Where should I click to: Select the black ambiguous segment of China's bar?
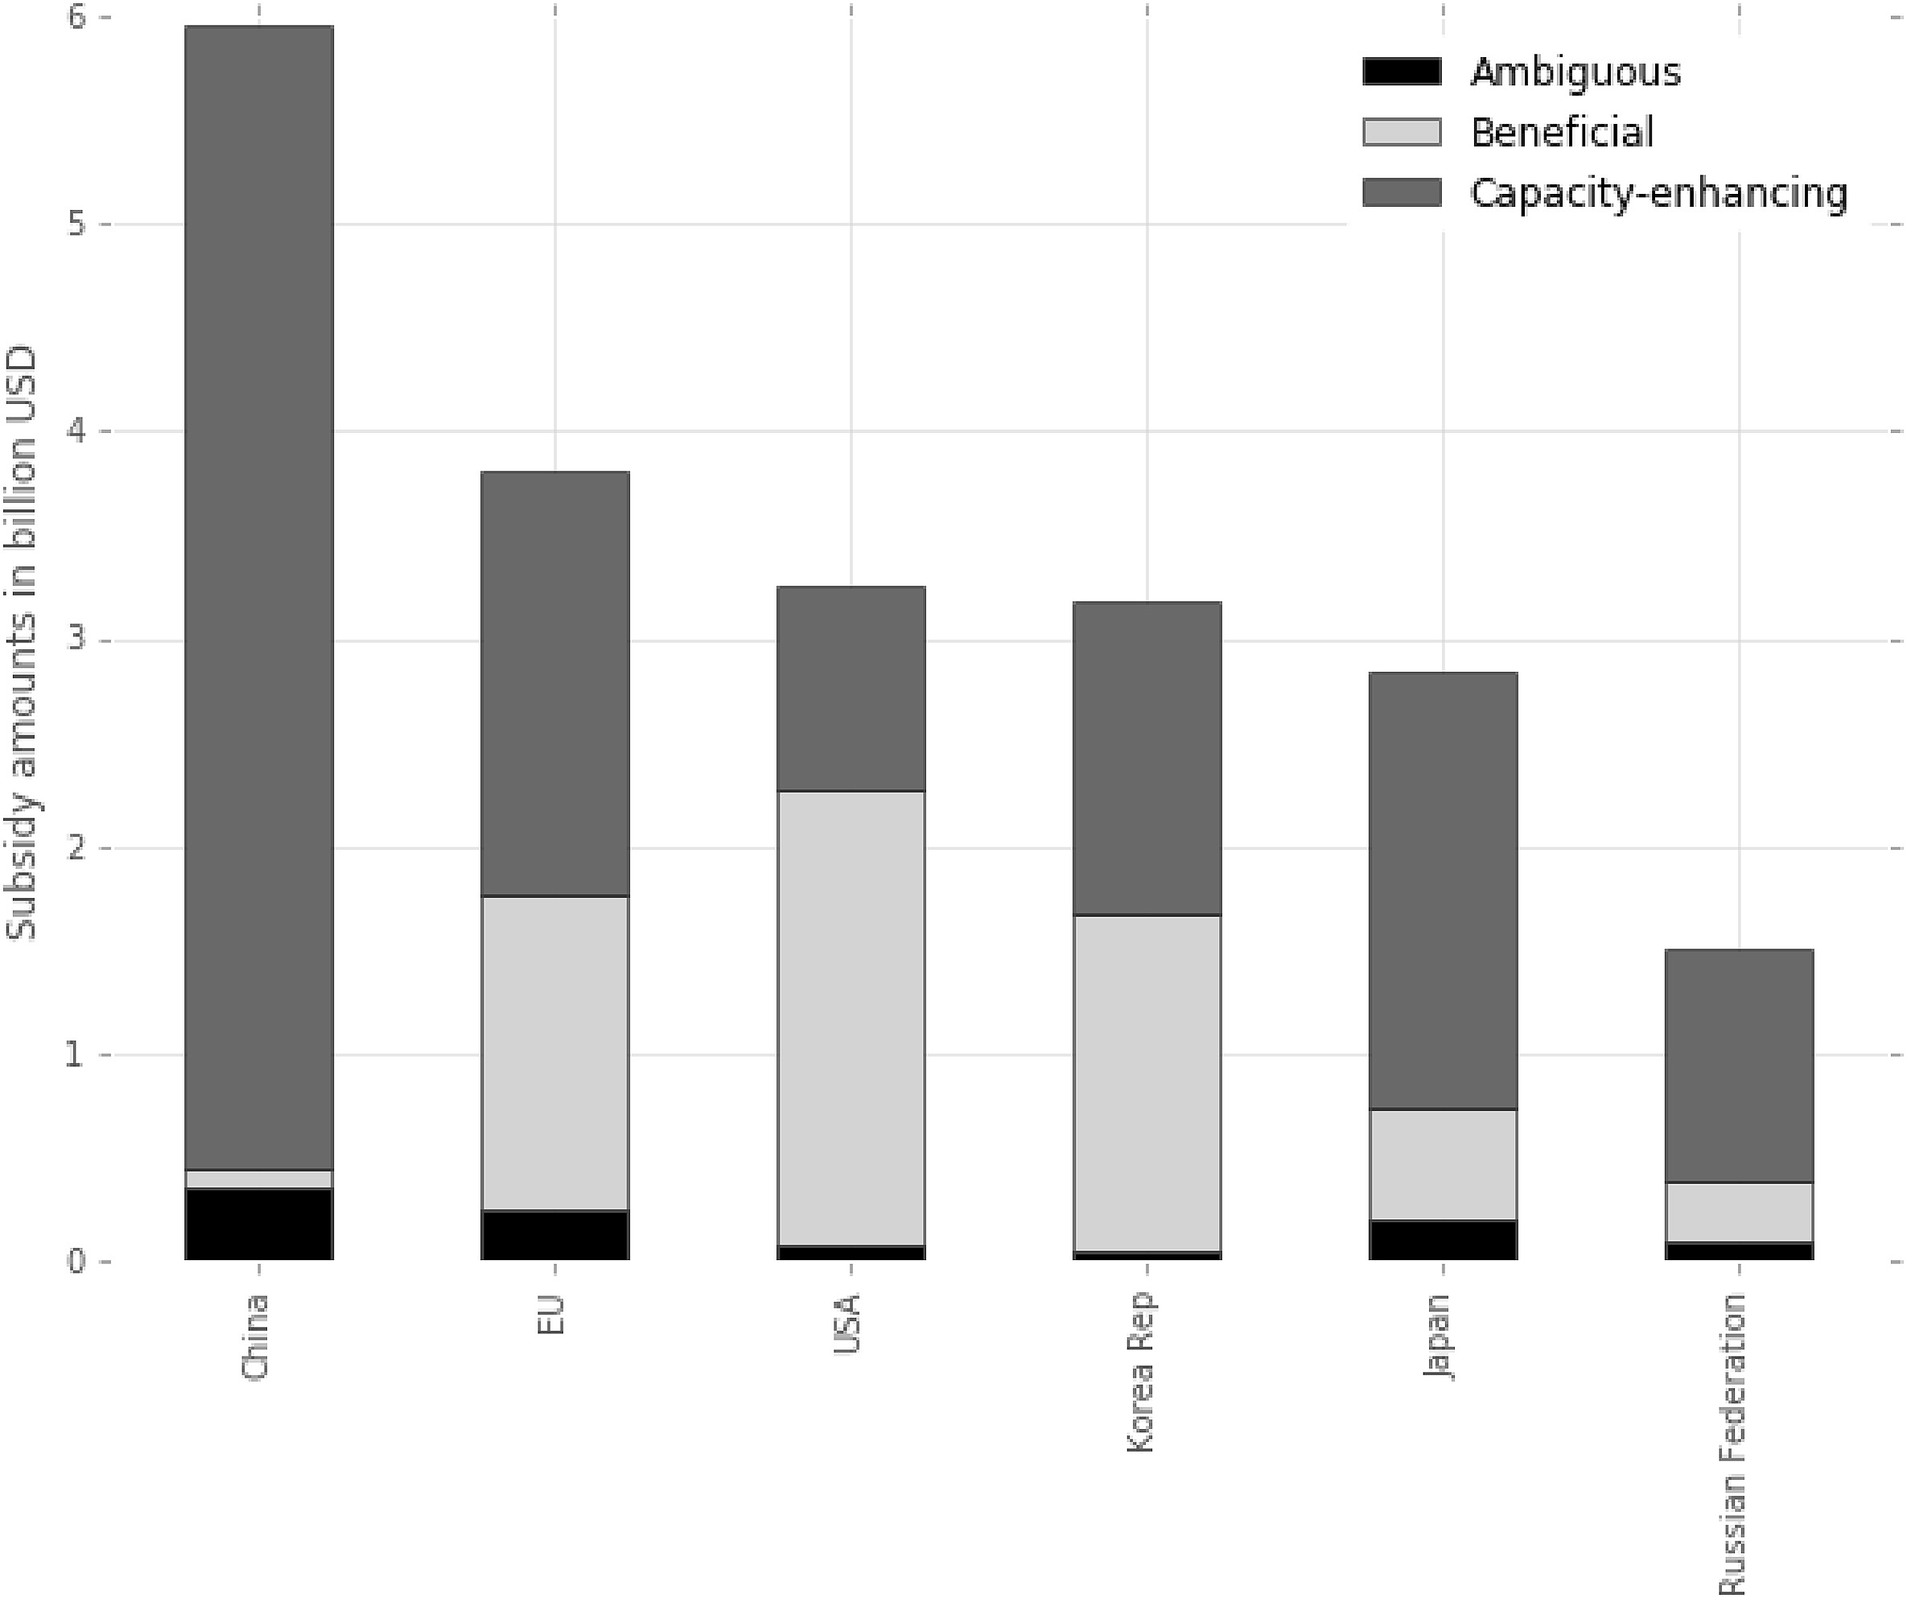click(259, 1223)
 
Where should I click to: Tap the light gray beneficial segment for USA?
click(851, 1018)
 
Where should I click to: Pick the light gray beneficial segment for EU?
click(555, 1052)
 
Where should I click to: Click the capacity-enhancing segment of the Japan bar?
click(1443, 890)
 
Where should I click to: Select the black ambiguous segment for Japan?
click(1443, 1239)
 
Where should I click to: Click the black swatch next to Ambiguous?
click(1401, 72)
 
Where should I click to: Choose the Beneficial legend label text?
click(1562, 133)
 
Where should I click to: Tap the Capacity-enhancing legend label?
click(1658, 193)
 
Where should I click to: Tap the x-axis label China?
click(255, 1337)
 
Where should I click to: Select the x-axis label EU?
click(551, 1316)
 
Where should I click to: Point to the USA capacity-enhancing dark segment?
click(851, 688)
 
